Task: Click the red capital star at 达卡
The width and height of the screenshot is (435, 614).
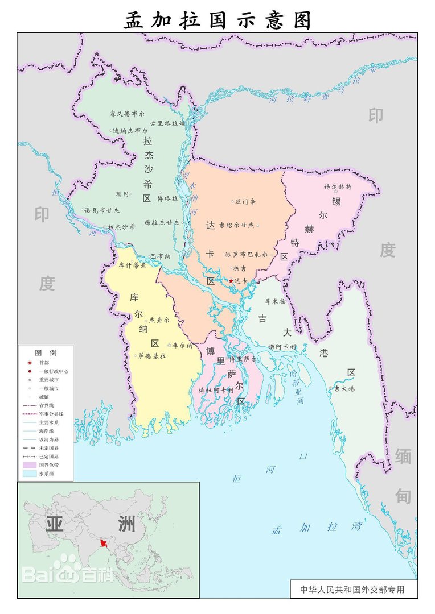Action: [231, 281]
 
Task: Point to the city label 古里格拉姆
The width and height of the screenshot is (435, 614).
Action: [167, 123]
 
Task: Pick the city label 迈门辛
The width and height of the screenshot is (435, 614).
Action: [246, 201]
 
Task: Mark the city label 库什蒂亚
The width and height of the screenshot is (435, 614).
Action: [132, 265]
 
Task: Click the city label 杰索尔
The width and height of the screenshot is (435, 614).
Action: [159, 320]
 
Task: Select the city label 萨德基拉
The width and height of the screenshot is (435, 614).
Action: [152, 356]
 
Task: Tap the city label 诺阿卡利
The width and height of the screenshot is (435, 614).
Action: [282, 346]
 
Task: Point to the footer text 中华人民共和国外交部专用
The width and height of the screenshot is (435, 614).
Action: [352, 590]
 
